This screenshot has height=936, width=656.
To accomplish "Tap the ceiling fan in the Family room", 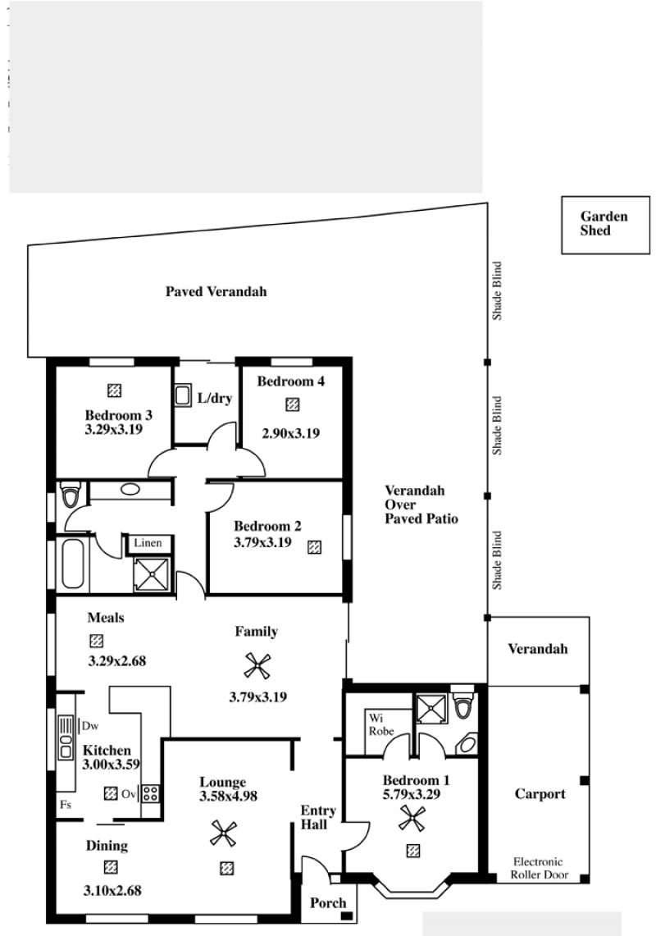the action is [x=257, y=665].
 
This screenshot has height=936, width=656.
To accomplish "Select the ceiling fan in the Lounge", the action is [x=223, y=833].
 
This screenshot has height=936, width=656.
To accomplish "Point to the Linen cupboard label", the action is [x=148, y=542].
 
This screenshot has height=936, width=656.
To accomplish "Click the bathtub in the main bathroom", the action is [x=73, y=564].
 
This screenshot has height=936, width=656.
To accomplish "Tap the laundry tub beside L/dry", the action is [x=183, y=395].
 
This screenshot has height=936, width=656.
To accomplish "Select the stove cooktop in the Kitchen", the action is [x=150, y=793].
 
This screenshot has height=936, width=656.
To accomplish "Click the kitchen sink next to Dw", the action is [x=66, y=737].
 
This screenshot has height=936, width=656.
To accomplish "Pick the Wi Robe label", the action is [x=380, y=724].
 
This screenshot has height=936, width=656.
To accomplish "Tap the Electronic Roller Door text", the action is [x=539, y=868].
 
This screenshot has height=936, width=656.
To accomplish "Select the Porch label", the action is [x=328, y=902].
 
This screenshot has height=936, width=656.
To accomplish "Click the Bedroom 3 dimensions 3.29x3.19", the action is [x=113, y=428].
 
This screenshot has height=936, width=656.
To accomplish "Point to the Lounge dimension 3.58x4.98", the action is [x=229, y=796].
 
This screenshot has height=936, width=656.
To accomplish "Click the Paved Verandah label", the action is [x=216, y=291].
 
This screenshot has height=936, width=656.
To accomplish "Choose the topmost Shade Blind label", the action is [x=497, y=290].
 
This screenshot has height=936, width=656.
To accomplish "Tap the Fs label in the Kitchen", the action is [x=66, y=805].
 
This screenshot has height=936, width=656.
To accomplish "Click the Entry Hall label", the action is [x=317, y=817].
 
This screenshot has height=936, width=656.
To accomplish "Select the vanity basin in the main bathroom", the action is [x=130, y=490].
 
